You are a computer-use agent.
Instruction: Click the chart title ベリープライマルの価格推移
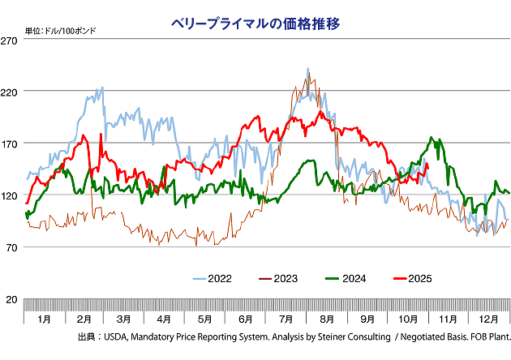255,24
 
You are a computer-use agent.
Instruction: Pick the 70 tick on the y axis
12,247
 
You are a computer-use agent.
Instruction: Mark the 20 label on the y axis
12,299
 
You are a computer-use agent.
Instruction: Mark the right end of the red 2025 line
427,165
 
